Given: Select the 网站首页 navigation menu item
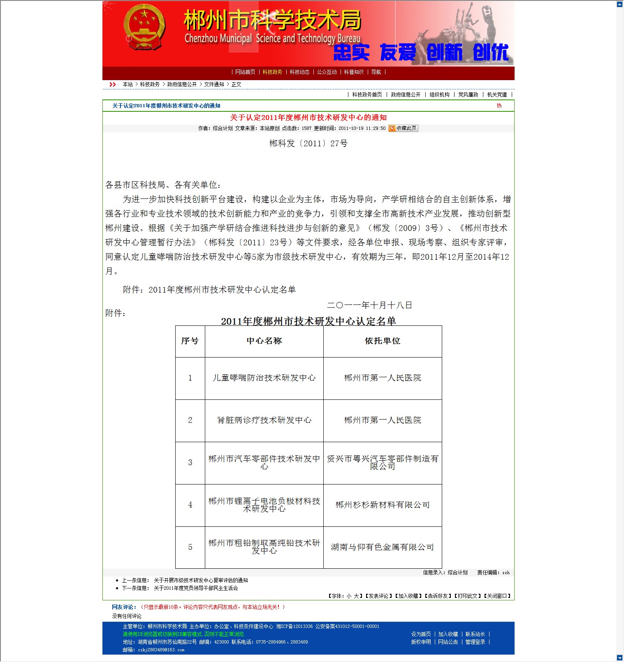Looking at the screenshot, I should point(245,72).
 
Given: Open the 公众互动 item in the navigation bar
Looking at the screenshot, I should point(327,72).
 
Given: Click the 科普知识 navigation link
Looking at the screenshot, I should point(354,72).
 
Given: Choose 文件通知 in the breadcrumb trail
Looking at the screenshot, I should point(214,85).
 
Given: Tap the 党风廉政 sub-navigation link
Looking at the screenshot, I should point(468,95).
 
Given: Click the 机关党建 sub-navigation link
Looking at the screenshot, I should point(497,95).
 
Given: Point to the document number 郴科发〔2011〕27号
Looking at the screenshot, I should point(309,143).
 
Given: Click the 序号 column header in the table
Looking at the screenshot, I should point(190,341).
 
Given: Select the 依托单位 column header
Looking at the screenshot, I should point(383,341).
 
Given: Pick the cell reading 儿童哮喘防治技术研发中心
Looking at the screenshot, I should point(264,378).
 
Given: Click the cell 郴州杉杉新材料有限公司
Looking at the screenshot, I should point(383,505).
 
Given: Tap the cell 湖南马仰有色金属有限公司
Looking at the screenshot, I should point(383,547).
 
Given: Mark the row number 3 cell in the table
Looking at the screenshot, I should point(190,463).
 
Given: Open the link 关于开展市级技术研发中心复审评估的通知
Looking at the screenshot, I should point(201,581).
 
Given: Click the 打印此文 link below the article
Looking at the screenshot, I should point(468,596).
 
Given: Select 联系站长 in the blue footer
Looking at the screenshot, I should point(475,634).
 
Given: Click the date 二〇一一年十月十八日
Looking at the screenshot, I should point(369,305).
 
